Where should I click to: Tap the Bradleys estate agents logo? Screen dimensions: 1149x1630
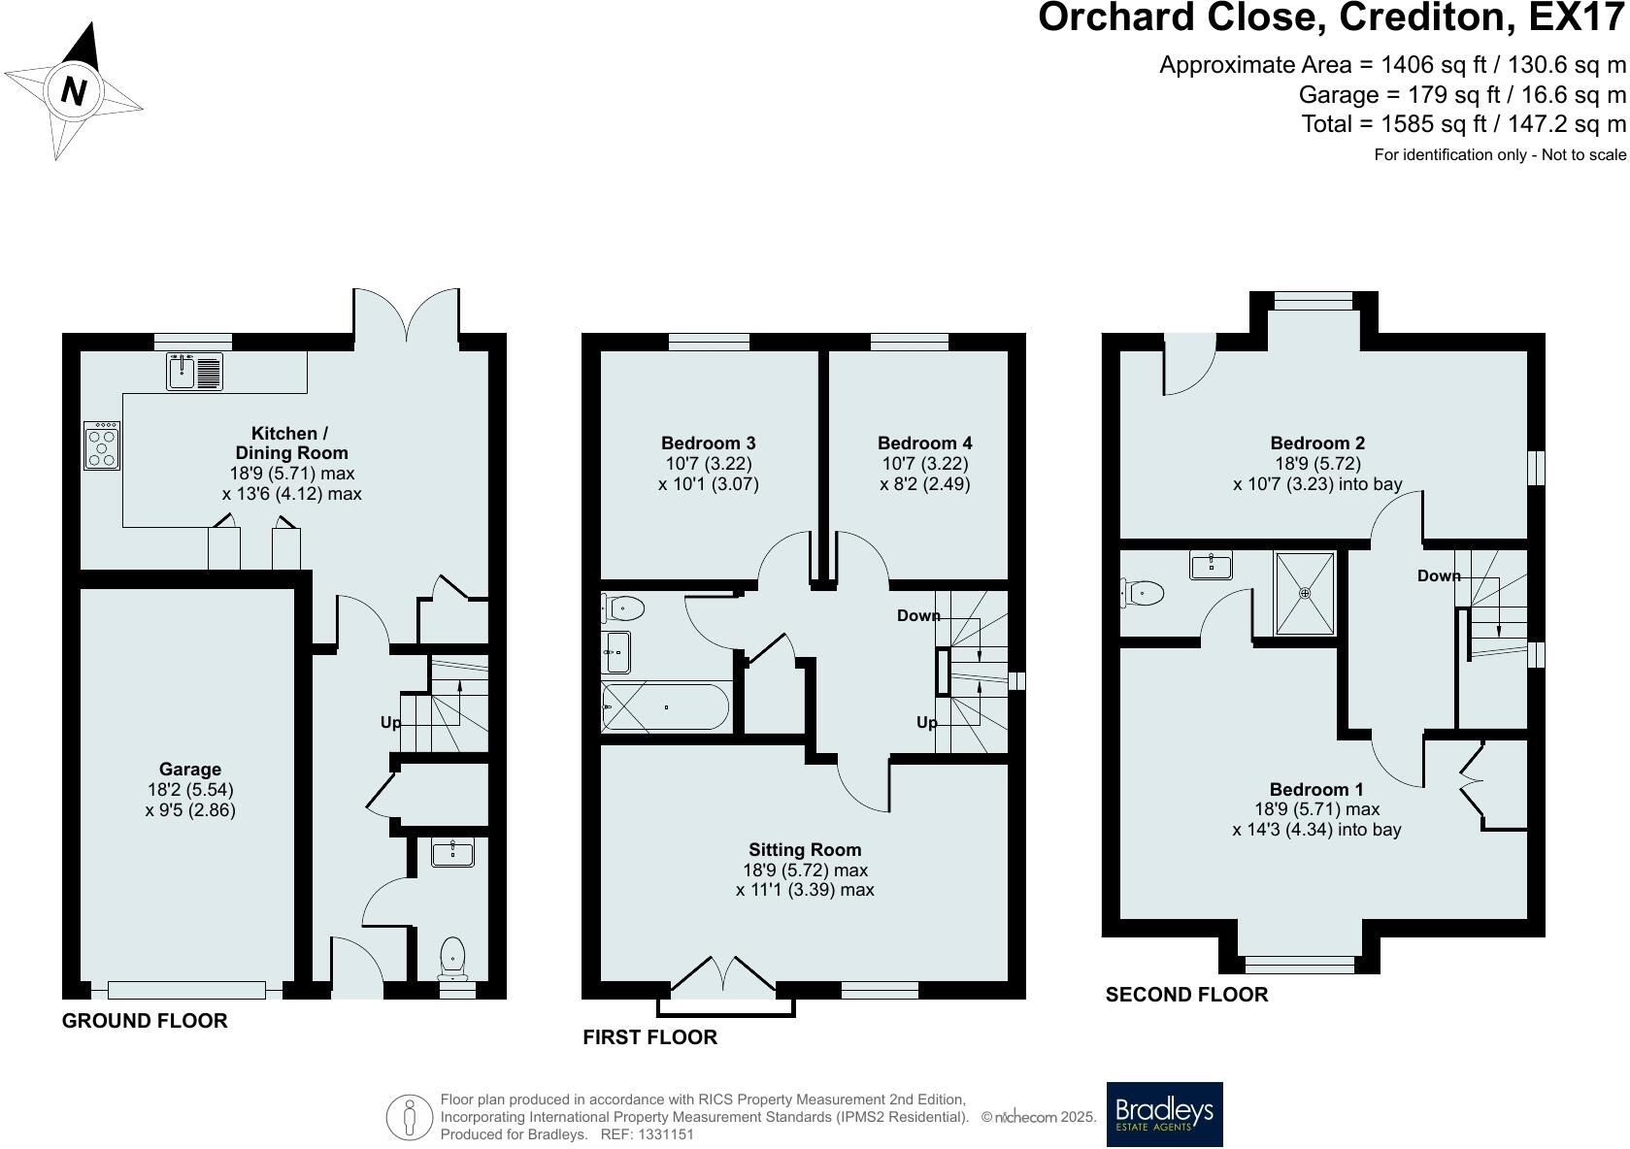coord(1164,1114)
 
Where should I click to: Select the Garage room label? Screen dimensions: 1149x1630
coord(190,770)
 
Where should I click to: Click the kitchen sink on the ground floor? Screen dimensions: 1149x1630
coord(194,372)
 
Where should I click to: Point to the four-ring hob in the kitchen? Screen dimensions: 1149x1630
coord(102,446)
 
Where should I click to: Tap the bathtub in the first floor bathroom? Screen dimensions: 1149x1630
coord(665,707)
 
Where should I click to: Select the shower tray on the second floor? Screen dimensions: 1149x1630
coord(1305,594)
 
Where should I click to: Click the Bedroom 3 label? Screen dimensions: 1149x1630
coord(708,443)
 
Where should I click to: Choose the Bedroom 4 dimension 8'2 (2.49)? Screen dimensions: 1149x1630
coord(924,484)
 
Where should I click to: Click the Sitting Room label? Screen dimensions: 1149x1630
coord(805,850)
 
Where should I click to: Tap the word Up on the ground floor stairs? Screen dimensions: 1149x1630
coord(390,723)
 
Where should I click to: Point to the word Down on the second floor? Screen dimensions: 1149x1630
coord(1438,576)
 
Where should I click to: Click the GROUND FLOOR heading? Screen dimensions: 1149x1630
coord(145,1021)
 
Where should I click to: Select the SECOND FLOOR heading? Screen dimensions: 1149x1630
coord(1186,995)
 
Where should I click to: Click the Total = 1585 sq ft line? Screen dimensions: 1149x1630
coord(1463,124)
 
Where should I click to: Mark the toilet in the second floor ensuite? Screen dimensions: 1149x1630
coord(1142,591)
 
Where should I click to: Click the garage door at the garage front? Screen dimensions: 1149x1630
coord(186,990)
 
